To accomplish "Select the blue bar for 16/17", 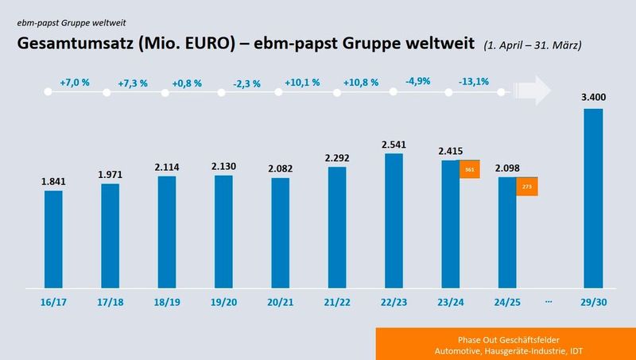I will click(53, 238).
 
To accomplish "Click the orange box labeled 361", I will click(470, 168).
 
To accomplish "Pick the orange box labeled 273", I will click(526, 187).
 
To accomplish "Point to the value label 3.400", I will click(593, 99).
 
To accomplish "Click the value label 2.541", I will click(393, 144).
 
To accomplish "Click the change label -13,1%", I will click(475, 82).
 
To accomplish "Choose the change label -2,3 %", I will click(247, 83).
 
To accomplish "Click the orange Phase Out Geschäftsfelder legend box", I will click(506, 343).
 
